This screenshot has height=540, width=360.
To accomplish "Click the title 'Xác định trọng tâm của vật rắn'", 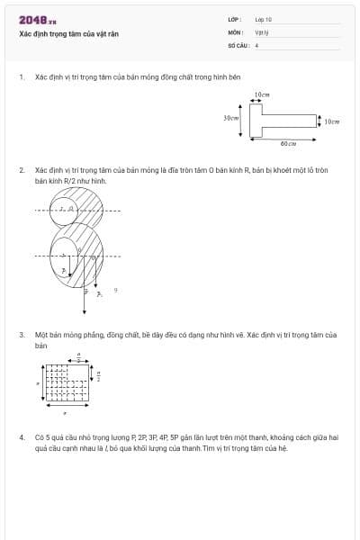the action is pos(69,33).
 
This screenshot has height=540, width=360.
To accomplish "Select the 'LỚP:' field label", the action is pos(235,19).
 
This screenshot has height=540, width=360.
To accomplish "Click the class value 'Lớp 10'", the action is pos(264,19).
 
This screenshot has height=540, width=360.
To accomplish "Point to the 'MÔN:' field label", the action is pos(235,31).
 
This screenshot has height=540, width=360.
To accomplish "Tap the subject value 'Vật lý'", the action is pos(261,31).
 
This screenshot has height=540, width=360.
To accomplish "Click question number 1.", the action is pos(22,77).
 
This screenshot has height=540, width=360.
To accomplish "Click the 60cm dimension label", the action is pos(287,144).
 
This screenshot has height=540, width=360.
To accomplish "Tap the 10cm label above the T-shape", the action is pos(262,94).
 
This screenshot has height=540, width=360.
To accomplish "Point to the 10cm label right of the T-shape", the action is pos(332,121).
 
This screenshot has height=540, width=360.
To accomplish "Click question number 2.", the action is pos(22,169).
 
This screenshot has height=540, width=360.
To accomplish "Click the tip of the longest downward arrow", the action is pos(85,313).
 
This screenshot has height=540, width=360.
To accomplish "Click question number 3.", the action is pos(22,334).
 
